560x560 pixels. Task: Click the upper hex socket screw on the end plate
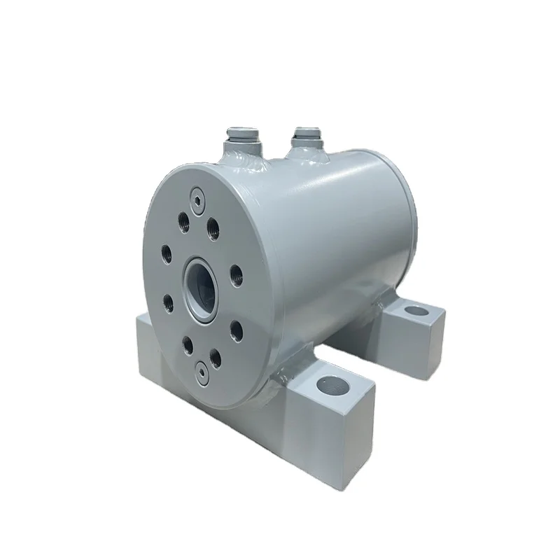[x=198, y=194]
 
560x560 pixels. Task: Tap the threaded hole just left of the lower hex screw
[x=188, y=344]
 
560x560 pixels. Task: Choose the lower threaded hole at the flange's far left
[x=168, y=302]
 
